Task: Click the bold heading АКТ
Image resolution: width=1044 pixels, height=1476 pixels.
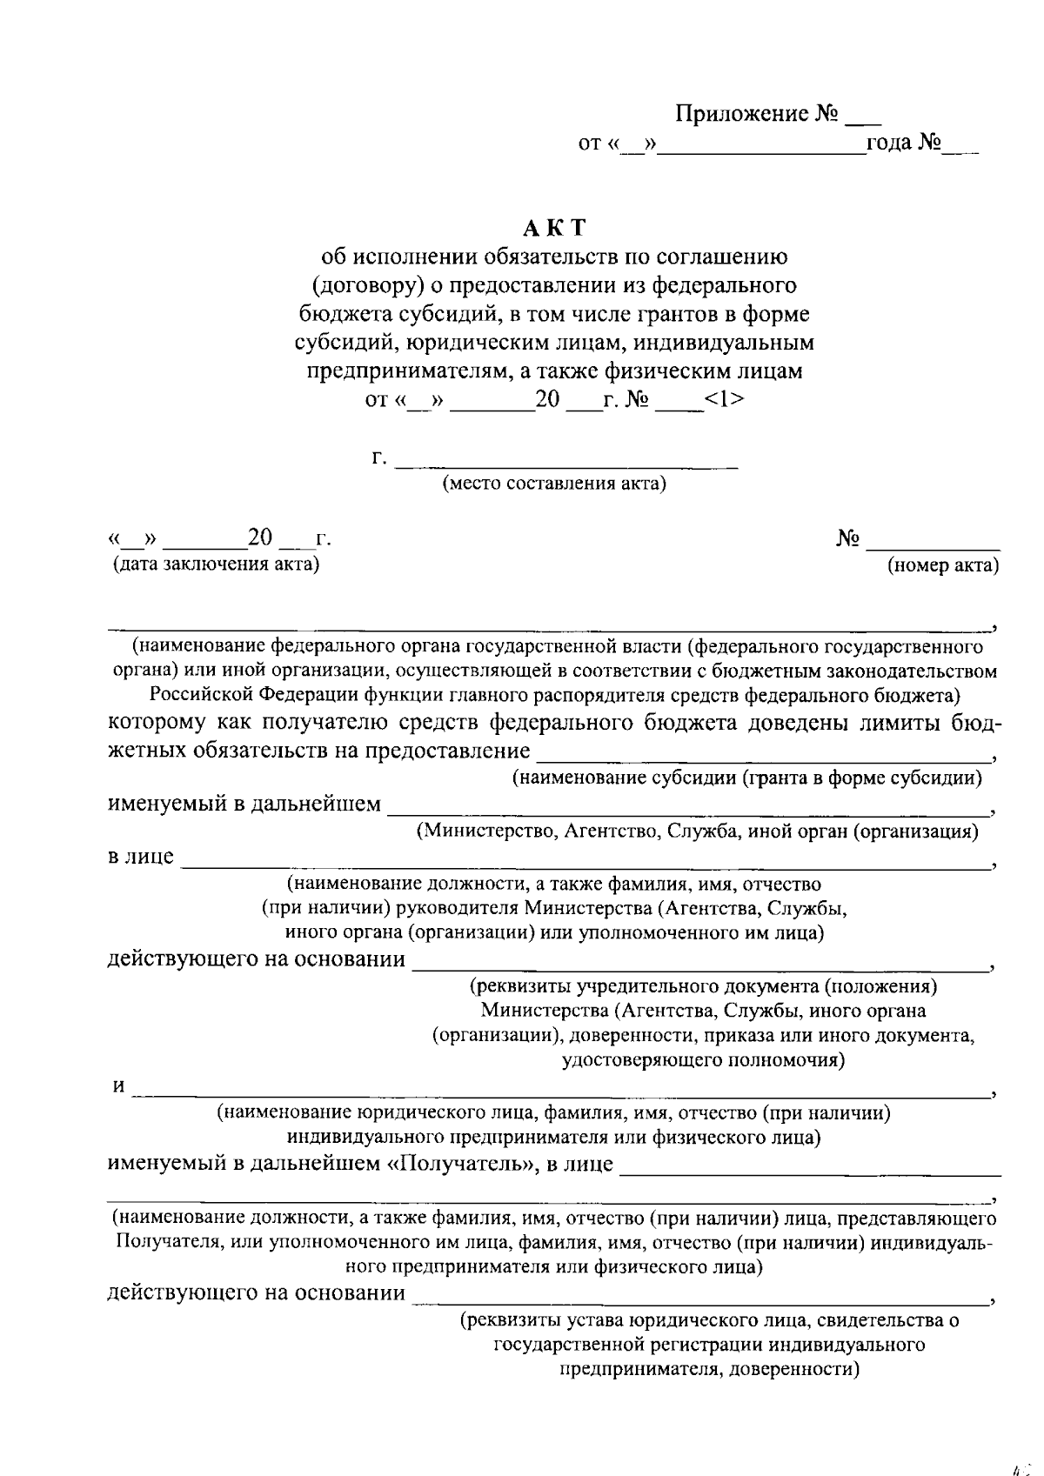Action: click(555, 228)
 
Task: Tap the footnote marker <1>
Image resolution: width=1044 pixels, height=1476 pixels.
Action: click(724, 400)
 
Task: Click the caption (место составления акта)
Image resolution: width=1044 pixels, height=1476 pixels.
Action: click(554, 484)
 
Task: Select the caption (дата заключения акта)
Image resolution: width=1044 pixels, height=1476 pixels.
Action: click(215, 564)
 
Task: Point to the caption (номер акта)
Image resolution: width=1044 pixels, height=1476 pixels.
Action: click(942, 566)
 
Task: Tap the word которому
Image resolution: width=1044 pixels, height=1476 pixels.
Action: click(157, 722)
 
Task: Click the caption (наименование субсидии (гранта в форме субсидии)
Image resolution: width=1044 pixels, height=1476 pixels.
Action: click(746, 778)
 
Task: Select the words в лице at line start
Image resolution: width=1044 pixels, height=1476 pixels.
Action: click(140, 857)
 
